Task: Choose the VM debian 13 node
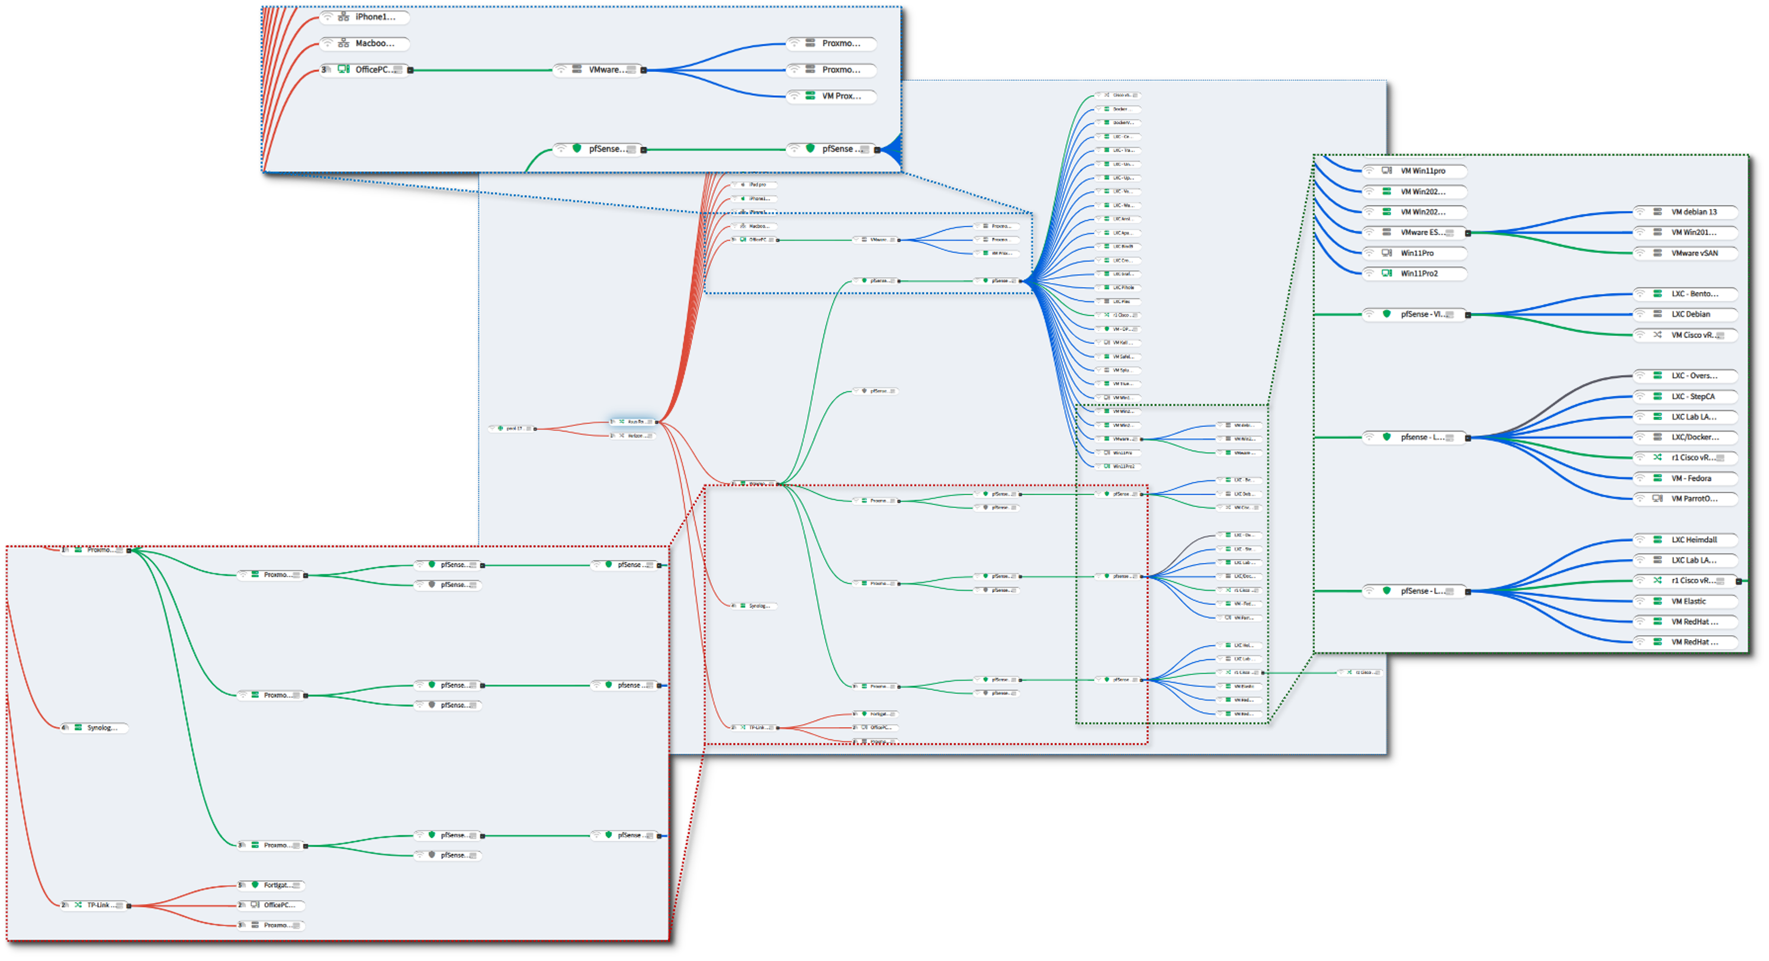pos(1686,212)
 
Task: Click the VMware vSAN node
pos(1686,253)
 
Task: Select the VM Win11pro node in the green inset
pos(1415,171)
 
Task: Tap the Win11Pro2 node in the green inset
pos(1415,273)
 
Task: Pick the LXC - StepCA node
pos(1686,397)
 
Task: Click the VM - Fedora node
pos(1686,478)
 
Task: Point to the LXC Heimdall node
pos(1686,539)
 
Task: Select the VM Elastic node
pos(1686,602)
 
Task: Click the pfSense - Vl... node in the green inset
pos(1415,314)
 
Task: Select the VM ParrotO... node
pos(1686,499)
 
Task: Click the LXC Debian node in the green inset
pos(1686,314)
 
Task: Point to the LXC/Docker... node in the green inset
pos(1686,437)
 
